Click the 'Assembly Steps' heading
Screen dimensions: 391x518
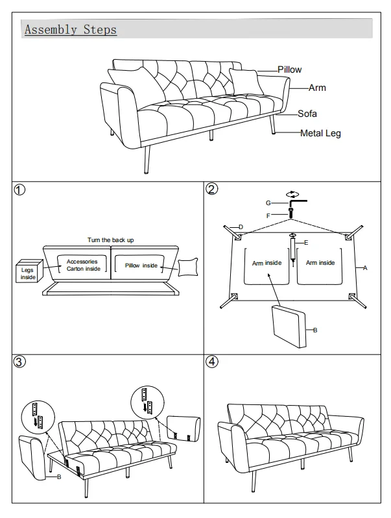[x=71, y=30]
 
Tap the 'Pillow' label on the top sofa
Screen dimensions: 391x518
[x=289, y=69]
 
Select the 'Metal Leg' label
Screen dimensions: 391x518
[x=320, y=133]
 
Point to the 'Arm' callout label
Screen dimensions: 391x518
[x=317, y=88]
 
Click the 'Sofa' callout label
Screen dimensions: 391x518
[x=307, y=114]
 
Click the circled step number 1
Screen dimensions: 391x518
[x=19, y=190]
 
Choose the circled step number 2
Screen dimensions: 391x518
[x=212, y=189]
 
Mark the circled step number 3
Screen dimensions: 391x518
[x=19, y=362]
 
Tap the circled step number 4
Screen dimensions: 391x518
[x=212, y=362]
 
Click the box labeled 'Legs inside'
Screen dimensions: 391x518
[x=29, y=271]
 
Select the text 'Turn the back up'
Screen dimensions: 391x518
[x=110, y=240]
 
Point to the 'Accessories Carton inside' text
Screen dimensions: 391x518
[x=82, y=265]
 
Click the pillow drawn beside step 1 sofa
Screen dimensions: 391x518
[x=188, y=267]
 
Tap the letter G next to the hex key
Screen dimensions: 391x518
[x=268, y=203]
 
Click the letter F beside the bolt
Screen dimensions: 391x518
[x=268, y=216]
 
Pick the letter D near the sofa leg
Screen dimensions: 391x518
[x=241, y=227]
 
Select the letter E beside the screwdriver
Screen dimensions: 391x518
[x=306, y=243]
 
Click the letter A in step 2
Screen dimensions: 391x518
[x=365, y=268]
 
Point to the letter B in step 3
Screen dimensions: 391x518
[x=59, y=477]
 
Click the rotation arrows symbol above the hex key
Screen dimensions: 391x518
[x=292, y=195]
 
